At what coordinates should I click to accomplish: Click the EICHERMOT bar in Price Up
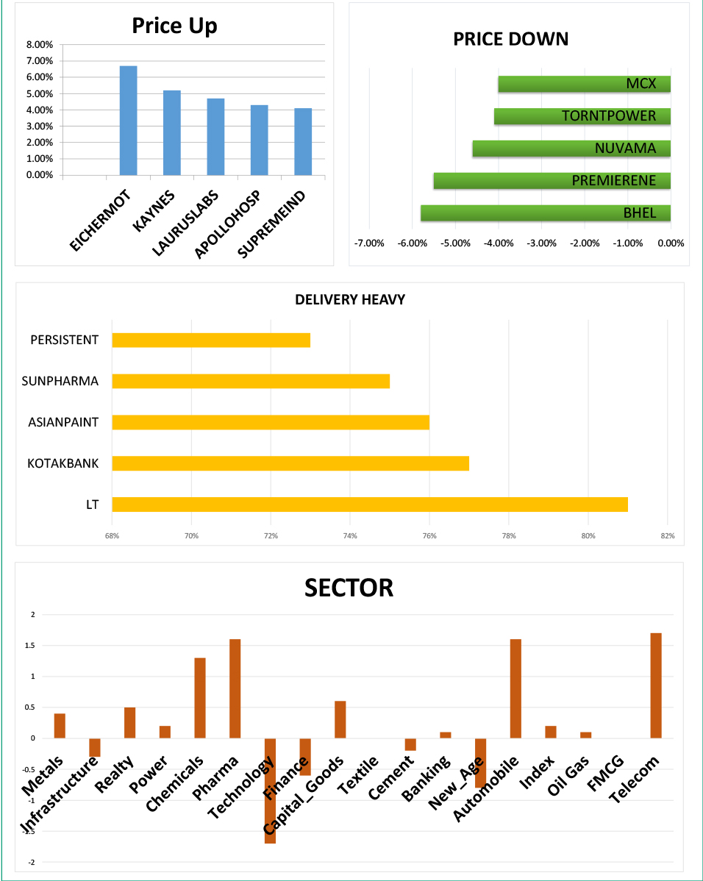click(128, 121)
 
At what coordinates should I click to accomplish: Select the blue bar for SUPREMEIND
click(302, 141)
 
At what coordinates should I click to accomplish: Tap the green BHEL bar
click(545, 213)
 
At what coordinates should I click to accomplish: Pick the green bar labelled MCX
click(584, 84)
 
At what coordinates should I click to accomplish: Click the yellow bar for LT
click(369, 504)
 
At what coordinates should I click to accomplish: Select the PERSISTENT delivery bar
click(211, 340)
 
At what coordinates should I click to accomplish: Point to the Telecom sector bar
click(656, 685)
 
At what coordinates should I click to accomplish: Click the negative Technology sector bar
click(270, 791)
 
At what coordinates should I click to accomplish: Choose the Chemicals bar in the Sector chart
click(199, 698)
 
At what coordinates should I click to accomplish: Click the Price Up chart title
click(174, 26)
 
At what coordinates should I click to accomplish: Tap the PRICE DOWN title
click(510, 39)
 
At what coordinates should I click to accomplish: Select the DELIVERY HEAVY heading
click(350, 299)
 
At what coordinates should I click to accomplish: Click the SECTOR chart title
click(349, 588)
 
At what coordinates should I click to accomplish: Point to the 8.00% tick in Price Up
click(40, 44)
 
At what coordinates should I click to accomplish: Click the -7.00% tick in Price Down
click(369, 243)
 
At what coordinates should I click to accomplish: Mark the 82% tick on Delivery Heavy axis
click(667, 536)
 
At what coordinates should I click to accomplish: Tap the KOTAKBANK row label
click(63, 463)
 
